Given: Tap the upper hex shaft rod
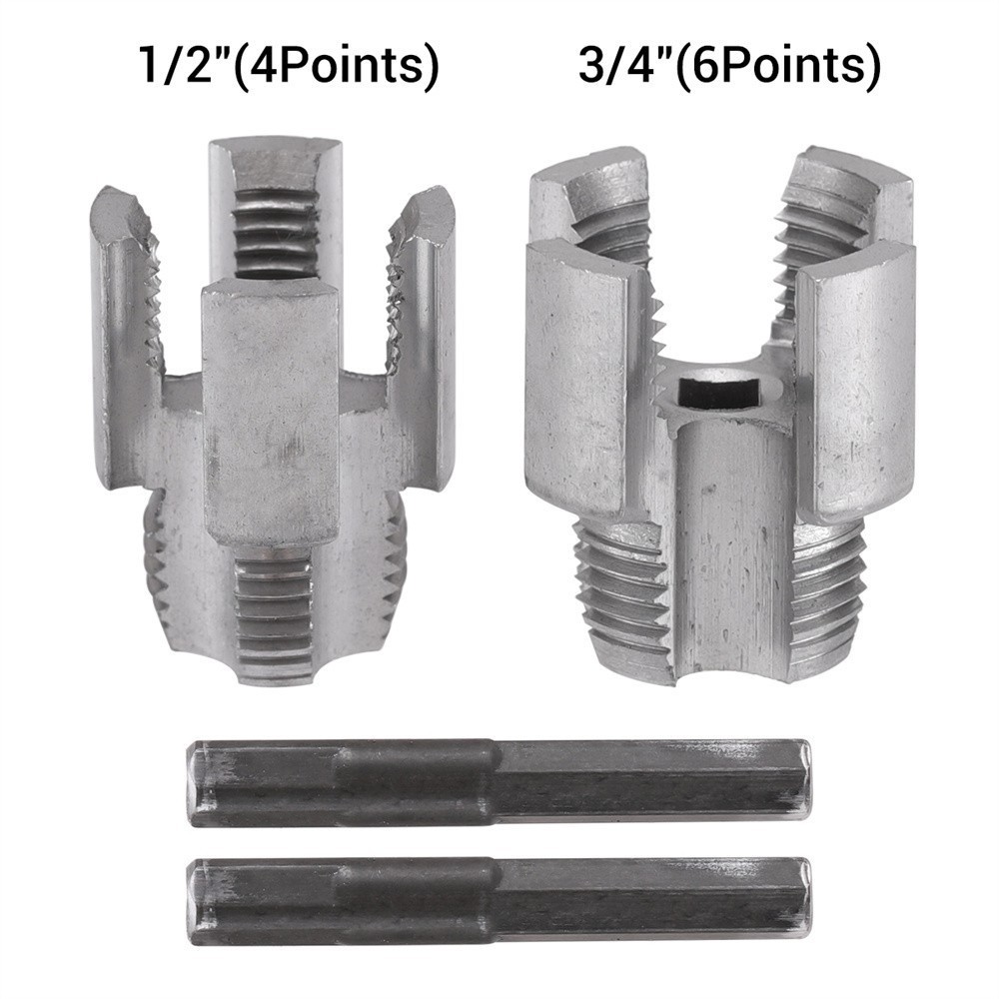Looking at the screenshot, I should click(499, 783).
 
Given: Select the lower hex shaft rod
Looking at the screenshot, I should click(499, 899).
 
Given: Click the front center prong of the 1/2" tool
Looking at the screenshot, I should click(270, 410).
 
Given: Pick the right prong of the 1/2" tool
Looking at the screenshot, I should click(425, 330).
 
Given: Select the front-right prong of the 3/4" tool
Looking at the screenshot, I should click(854, 380).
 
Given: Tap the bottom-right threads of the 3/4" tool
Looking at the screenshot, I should click(824, 589).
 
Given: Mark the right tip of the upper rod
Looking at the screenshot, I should click(804, 783).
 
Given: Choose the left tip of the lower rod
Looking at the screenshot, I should click(197, 899).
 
